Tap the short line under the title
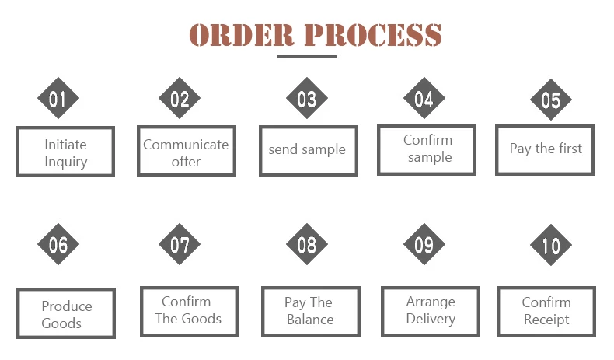[307, 56]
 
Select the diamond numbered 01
[58, 100]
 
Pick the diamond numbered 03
[307, 100]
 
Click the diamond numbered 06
[58, 245]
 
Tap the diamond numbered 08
[307, 245]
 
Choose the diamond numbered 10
[551, 246]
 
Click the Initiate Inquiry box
[65, 152]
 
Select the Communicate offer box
[187, 152]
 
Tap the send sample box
[308, 150]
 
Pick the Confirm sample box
[427, 149]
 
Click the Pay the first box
[545, 149]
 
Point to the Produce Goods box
[66, 313]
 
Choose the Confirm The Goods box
[188, 311]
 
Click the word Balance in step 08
[310, 320]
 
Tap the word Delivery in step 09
[430, 319]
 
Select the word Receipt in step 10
[546, 320]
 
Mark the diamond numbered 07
[180, 245]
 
